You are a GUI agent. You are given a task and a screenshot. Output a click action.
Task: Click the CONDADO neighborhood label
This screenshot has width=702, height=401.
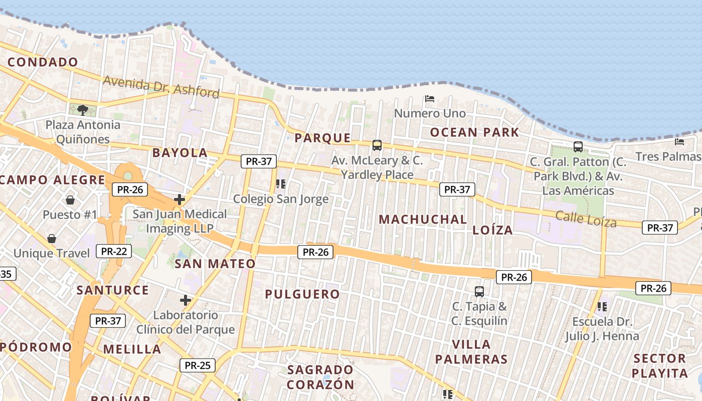click(x=43, y=62)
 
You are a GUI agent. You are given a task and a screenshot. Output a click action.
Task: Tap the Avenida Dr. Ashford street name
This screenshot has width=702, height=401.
click(x=161, y=87)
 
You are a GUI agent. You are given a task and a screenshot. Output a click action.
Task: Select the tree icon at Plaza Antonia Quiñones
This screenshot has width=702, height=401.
click(x=83, y=110)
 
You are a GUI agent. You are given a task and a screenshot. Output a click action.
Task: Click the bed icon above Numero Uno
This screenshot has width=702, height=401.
click(x=430, y=99)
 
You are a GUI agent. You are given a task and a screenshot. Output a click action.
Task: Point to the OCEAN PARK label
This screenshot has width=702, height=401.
click(x=474, y=132)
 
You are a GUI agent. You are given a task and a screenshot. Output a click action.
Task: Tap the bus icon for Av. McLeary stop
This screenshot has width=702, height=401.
click(x=377, y=145)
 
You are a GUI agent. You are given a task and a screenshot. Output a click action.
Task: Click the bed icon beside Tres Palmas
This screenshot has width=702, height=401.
click(x=679, y=142)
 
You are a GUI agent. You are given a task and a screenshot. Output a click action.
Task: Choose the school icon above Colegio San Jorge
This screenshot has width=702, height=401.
click(x=281, y=184)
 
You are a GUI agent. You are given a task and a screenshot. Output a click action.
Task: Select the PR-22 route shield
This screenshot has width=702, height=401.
click(x=114, y=251)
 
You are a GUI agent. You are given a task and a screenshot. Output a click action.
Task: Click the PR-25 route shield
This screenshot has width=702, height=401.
click(x=198, y=365)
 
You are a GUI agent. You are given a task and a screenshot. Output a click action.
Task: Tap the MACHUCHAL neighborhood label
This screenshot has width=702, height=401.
click(x=423, y=219)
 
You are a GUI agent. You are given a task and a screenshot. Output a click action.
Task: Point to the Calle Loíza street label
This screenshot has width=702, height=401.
click(x=586, y=219)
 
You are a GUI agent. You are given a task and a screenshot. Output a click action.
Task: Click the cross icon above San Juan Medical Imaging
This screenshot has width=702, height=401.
click(x=180, y=199)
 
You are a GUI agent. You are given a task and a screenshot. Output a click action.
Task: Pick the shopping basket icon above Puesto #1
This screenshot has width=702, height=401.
click(x=70, y=200)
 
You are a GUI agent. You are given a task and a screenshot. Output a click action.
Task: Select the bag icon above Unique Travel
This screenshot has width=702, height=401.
click(x=52, y=239)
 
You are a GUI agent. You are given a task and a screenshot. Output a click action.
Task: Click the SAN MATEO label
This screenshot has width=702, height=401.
click(x=215, y=264)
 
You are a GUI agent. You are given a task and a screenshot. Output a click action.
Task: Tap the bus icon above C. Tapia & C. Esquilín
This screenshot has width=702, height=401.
click(x=479, y=291)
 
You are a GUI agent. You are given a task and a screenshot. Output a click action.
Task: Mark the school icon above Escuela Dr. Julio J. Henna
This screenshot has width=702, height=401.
click(x=602, y=306)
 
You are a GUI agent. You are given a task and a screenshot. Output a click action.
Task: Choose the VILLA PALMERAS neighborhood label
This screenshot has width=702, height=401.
click(x=471, y=351)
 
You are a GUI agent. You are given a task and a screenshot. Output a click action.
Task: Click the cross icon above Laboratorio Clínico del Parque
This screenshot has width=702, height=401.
click(x=186, y=300)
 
